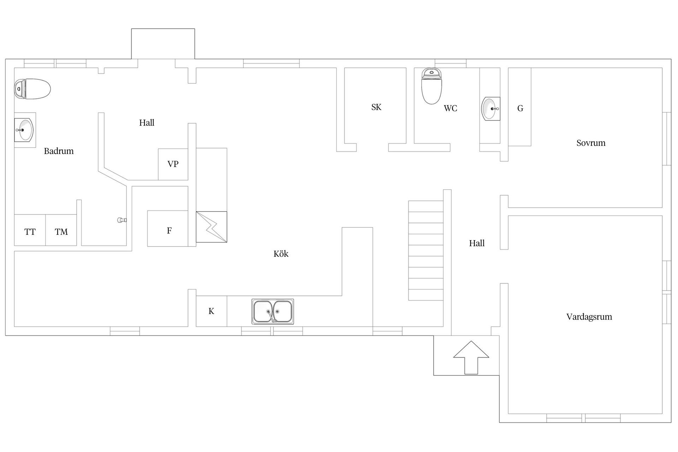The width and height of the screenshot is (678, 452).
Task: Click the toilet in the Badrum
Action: pyautogui.click(x=32, y=89)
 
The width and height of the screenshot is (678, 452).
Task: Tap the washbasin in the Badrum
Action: pyautogui.click(x=24, y=130)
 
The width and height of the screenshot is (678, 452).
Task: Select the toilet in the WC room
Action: pyautogui.click(x=432, y=86)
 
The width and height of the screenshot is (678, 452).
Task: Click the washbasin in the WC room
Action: pyautogui.click(x=491, y=108)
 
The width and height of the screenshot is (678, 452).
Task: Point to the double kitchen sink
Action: pyautogui.click(x=273, y=311)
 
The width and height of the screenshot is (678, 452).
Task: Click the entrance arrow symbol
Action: pyautogui.click(x=471, y=357)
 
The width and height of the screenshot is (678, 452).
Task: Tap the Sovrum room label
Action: pyautogui.click(x=591, y=143)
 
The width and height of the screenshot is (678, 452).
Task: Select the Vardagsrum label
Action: pyautogui.click(x=589, y=317)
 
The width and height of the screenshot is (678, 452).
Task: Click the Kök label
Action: pyautogui.click(x=281, y=254)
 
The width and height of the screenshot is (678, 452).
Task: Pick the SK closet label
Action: pyautogui.click(x=376, y=107)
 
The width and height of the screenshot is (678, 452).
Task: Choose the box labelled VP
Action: pyautogui.click(x=173, y=164)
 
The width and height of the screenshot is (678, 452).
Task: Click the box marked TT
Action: pyautogui.click(x=30, y=230)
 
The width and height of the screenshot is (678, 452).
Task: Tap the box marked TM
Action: pyautogui.click(x=61, y=230)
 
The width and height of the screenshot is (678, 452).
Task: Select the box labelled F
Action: pyautogui.click(x=168, y=228)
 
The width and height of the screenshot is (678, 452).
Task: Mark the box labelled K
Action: pyautogui.click(x=212, y=311)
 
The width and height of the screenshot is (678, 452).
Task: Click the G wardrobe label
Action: pyautogui.click(x=520, y=108)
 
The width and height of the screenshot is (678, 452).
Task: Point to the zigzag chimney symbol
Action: pyautogui.click(x=212, y=227)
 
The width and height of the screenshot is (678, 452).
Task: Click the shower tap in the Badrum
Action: pyautogui.click(x=122, y=220)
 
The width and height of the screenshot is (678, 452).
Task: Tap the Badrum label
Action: pyautogui.click(x=59, y=151)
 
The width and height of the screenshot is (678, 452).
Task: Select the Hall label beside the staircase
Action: pyautogui.click(x=477, y=243)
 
